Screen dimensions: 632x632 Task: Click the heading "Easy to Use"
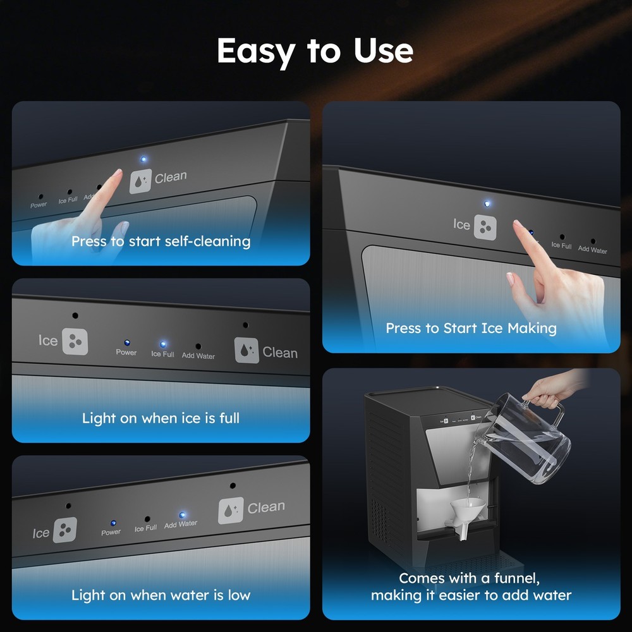point(315,51)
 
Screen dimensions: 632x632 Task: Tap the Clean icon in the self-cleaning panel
point(140,181)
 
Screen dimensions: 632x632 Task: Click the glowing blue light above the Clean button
point(143,159)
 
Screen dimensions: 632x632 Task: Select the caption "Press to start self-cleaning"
point(161,241)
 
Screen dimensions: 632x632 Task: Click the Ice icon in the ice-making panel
point(485,228)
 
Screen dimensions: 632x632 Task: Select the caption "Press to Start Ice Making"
point(471,328)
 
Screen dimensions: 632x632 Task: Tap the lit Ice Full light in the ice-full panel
point(162,344)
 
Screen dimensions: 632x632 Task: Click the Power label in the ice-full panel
point(126,353)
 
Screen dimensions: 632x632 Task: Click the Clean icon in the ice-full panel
point(246,350)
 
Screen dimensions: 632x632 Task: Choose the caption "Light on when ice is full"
point(161,418)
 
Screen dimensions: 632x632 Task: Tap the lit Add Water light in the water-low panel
point(182,515)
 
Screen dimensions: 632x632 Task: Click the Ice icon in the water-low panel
point(64,530)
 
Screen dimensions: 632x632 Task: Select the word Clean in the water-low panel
point(266,507)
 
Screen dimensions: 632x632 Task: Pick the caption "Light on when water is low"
point(161,595)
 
